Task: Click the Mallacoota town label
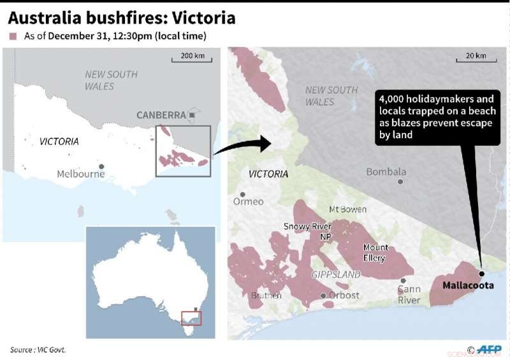(x=468, y=285)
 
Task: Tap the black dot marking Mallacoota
(x=481, y=273)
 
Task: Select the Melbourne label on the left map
(x=80, y=174)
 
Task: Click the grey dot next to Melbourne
(x=101, y=166)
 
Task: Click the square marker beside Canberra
(x=191, y=115)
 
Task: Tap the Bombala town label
(x=386, y=172)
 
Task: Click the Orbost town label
(x=343, y=296)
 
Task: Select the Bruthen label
(x=266, y=296)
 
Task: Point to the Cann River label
(x=409, y=294)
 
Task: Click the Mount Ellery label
(x=375, y=253)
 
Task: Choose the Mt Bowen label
(x=348, y=210)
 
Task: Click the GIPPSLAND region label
(x=337, y=275)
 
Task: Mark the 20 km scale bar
(x=475, y=61)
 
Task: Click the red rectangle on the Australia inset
(x=191, y=317)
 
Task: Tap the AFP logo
(x=490, y=349)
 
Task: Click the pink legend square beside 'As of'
(x=13, y=36)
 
